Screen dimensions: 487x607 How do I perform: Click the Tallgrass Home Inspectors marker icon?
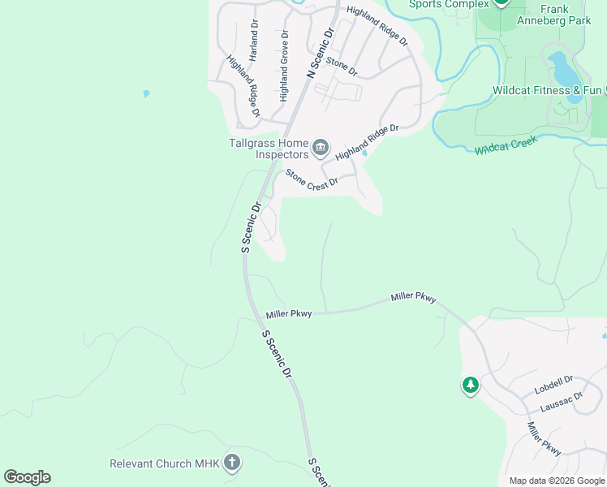click(321, 148)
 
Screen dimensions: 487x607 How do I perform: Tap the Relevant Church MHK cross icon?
click(231, 463)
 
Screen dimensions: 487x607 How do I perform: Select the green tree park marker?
click(470, 386)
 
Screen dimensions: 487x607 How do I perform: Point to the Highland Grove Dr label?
click(284, 66)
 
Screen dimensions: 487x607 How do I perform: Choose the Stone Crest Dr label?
click(311, 179)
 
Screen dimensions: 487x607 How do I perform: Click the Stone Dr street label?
click(342, 67)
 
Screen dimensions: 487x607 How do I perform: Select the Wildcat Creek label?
click(506, 148)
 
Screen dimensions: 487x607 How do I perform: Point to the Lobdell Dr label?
click(554, 384)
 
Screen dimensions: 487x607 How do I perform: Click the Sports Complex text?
click(449, 4)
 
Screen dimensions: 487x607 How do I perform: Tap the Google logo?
click(27, 477)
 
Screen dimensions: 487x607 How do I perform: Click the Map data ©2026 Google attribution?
click(557, 481)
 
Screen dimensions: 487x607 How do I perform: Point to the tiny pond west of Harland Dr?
click(146, 94)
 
